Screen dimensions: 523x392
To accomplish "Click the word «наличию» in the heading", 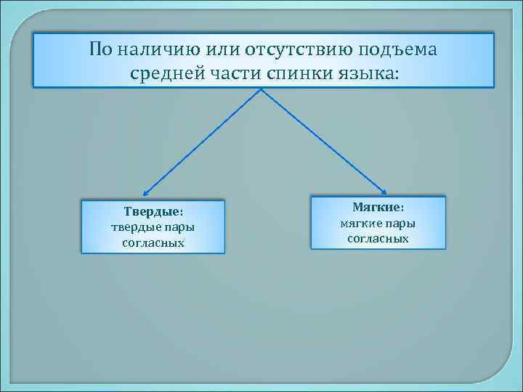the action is pos(155,49).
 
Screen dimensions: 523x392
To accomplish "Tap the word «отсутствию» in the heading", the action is pos(288,49).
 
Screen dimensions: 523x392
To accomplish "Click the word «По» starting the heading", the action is pos(100,49).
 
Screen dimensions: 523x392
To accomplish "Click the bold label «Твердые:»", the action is pos(153,212).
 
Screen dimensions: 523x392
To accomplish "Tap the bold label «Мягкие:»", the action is pos(378,208).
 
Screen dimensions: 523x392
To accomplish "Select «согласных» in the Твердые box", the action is pos(153,242).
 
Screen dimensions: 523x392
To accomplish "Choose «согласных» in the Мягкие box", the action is pos(378,239).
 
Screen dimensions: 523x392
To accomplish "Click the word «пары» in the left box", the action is pos(180,227).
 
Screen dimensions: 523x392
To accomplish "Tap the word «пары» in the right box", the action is pos(402,224).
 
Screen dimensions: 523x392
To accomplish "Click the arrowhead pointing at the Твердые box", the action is pos(145,195).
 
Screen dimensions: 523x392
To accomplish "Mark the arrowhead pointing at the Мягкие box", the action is pos(384,192).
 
